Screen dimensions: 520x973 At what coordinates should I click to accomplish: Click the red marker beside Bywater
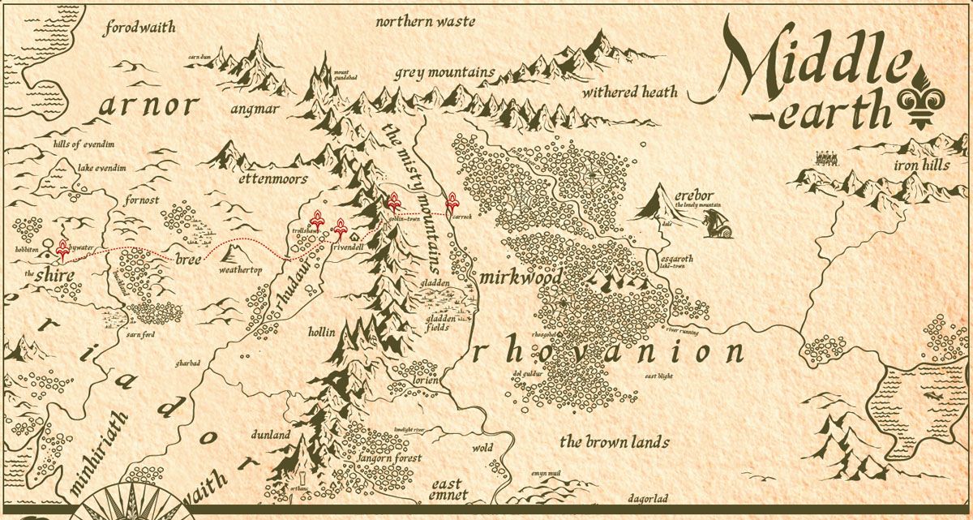coord(62,249)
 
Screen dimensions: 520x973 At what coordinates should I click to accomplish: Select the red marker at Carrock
coord(452,204)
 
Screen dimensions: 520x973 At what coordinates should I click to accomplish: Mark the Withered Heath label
coord(629,92)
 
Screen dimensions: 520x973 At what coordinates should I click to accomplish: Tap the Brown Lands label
coord(615,442)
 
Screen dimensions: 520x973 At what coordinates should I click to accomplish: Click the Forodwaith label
coord(140,28)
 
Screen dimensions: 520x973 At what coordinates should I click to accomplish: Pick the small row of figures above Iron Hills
coord(826,157)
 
